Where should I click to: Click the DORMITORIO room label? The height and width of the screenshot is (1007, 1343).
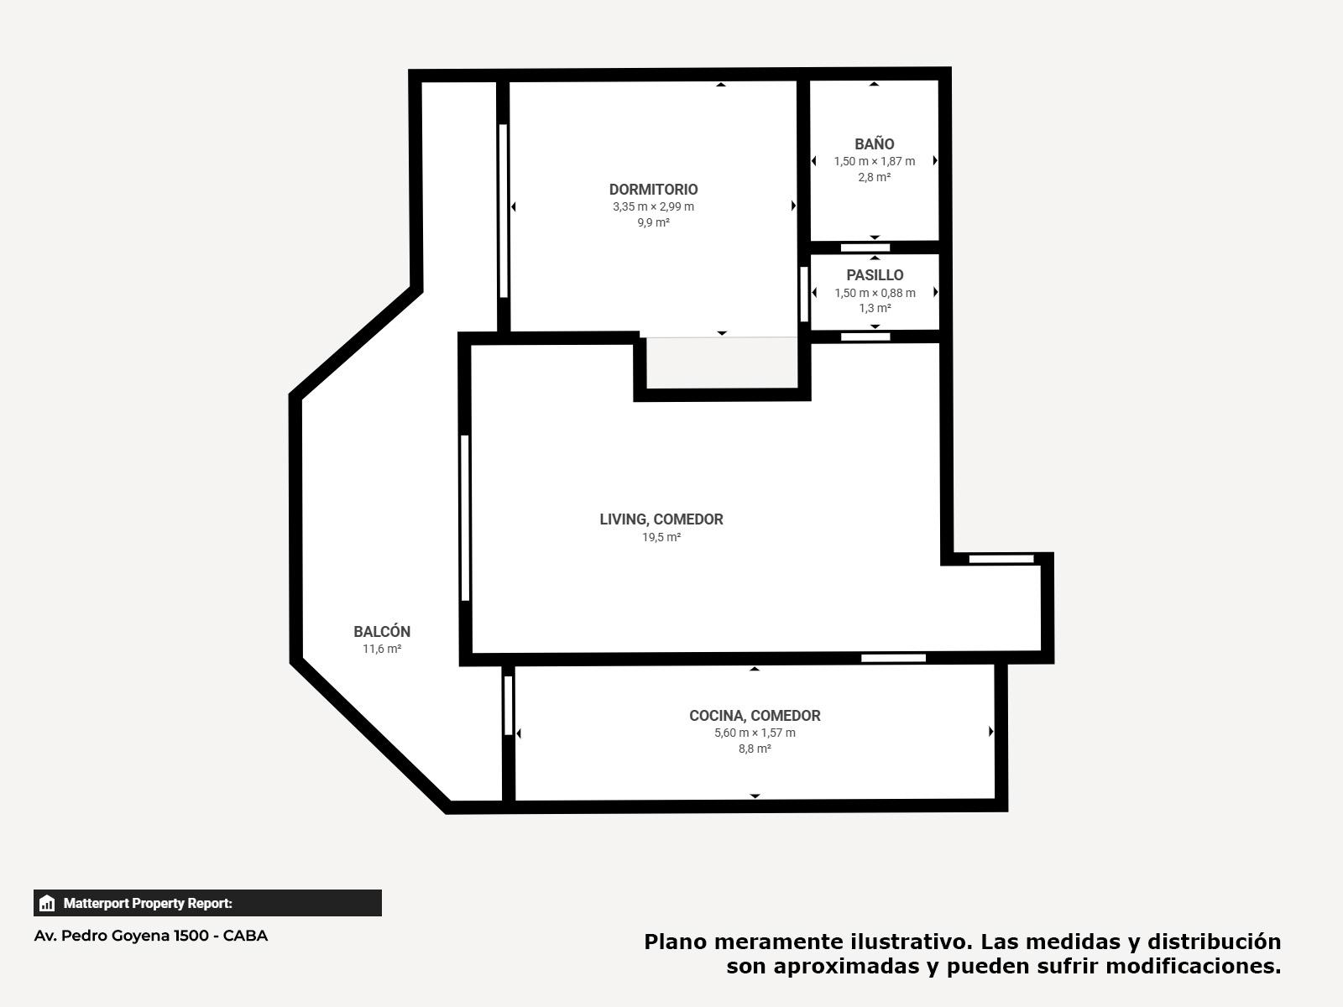[x=653, y=190]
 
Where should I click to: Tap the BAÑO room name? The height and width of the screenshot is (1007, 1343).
[x=875, y=143]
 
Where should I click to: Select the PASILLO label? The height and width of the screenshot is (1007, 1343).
[x=875, y=275]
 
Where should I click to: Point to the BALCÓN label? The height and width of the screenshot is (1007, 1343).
[x=382, y=631]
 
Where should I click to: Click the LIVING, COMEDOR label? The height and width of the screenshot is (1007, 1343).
[x=661, y=519]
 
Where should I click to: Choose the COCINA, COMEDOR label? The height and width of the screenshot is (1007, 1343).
[x=755, y=715]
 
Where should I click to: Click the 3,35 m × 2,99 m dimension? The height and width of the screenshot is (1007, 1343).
[x=653, y=206]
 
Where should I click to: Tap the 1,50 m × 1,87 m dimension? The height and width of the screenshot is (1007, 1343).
[x=875, y=161]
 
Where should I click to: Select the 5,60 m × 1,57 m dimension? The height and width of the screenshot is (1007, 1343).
[x=755, y=733]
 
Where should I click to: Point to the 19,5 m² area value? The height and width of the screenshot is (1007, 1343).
[x=661, y=537]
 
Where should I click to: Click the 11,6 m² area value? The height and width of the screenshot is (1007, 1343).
[x=382, y=648]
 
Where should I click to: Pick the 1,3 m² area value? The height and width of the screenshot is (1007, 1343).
[x=875, y=308]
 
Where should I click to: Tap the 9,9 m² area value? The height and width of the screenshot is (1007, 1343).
[x=653, y=222]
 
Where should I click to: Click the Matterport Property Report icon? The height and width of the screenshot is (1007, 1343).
[x=47, y=903]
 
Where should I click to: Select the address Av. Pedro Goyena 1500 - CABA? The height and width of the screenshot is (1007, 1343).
[x=151, y=936]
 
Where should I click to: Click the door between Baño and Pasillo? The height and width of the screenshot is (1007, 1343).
[x=865, y=248]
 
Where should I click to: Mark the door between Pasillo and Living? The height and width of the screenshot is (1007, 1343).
[x=865, y=337]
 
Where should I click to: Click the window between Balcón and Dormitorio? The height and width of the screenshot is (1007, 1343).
[x=503, y=211]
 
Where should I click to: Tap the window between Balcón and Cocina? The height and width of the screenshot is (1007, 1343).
[x=509, y=706]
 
